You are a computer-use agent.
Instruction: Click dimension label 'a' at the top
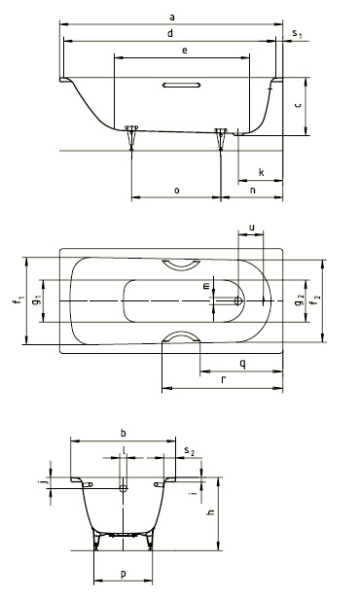(172, 18)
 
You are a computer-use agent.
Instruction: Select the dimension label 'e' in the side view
(185, 50)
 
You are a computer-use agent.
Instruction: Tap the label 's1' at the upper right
(297, 34)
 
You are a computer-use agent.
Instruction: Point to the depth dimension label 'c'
(299, 104)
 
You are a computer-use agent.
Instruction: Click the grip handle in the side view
(182, 85)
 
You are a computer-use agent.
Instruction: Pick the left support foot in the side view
(132, 137)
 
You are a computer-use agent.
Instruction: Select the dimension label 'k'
(262, 172)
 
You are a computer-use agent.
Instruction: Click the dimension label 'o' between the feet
(176, 191)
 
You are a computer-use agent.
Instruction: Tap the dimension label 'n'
(252, 190)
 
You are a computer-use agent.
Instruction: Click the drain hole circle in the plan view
(238, 301)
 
